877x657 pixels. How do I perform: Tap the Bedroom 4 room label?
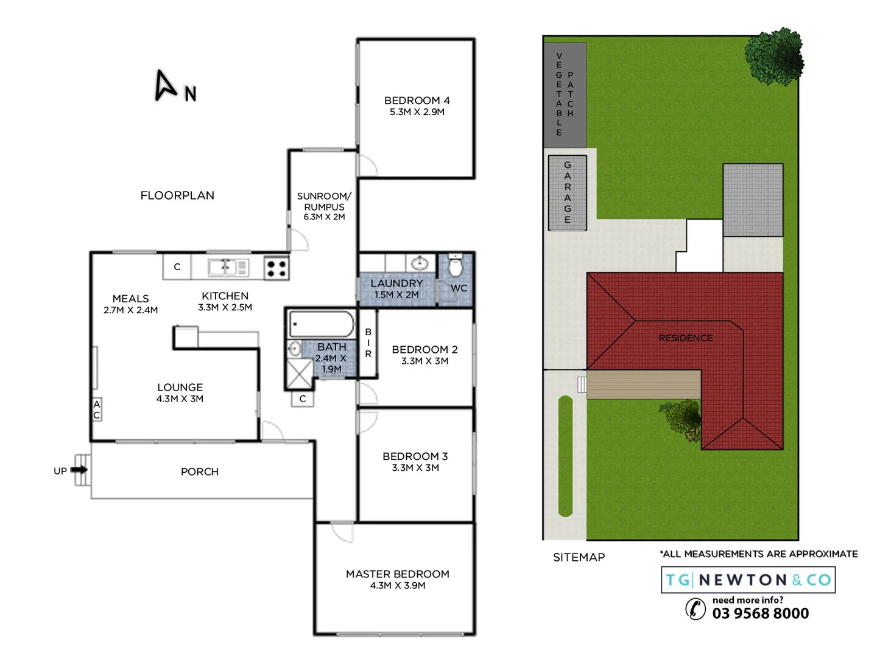[417, 100]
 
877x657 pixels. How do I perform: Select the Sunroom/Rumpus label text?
[324, 201]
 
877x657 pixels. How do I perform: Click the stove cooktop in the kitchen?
[276, 268]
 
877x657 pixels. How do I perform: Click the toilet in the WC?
[455, 266]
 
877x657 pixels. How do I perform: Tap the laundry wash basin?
[420, 263]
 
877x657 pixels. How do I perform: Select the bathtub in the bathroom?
[321, 324]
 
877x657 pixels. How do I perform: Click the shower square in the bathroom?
[299, 373]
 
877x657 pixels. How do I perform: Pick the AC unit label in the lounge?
[96, 409]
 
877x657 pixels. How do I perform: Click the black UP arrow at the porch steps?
[79, 470]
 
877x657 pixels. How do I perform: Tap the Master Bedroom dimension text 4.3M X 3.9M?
[398, 586]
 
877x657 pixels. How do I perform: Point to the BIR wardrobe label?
[368, 343]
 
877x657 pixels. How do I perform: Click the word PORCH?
[200, 471]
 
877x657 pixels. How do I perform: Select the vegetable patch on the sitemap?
[565, 94]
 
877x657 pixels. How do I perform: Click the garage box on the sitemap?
[567, 193]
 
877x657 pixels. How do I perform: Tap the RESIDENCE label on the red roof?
[685, 338]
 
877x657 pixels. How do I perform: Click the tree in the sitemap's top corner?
[774, 57]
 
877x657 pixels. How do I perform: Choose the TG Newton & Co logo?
[748, 580]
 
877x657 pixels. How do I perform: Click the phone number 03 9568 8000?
[761, 613]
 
